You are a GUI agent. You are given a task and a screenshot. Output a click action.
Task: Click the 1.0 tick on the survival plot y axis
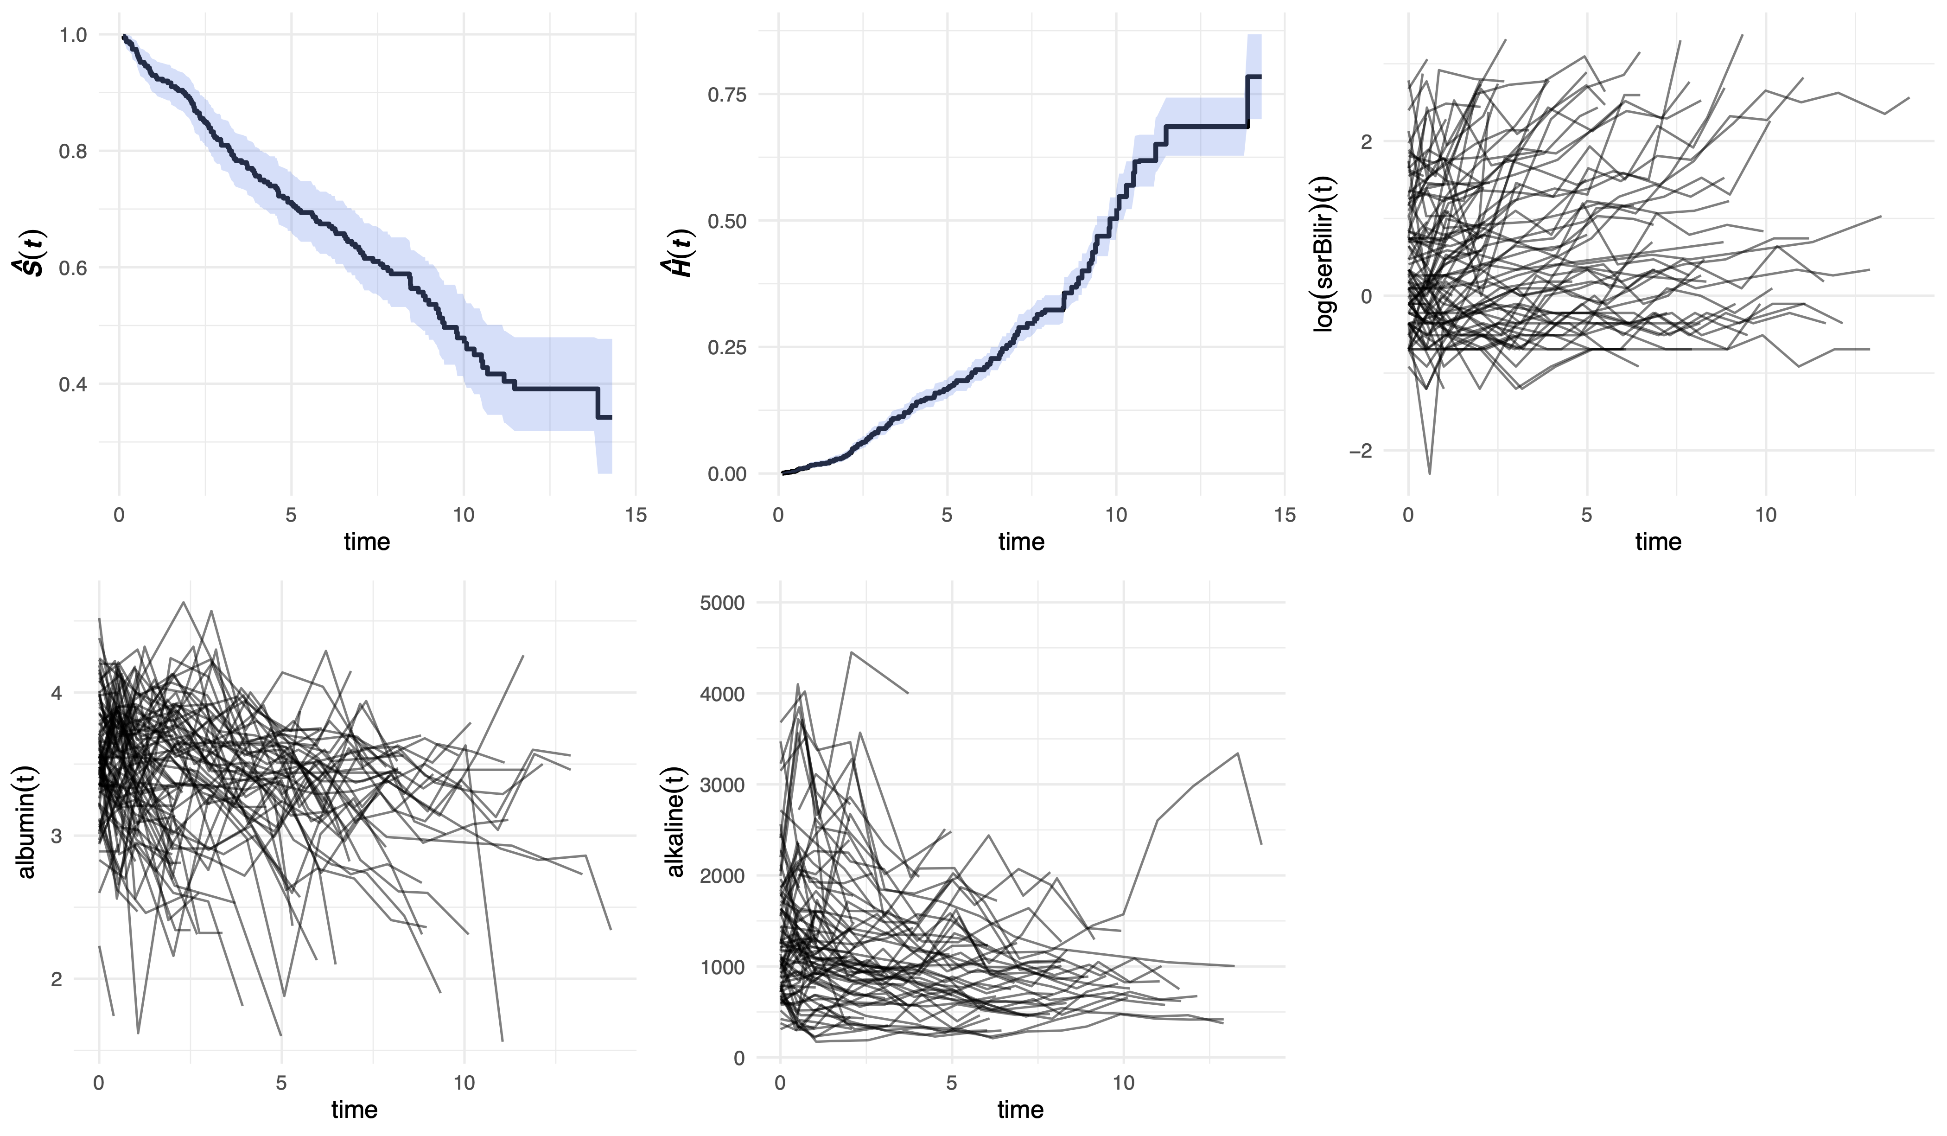(73, 35)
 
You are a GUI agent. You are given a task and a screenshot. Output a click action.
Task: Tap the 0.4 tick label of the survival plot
(73, 384)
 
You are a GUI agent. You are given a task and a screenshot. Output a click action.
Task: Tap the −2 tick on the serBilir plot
(1361, 451)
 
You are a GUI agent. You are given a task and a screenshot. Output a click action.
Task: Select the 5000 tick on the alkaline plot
(722, 603)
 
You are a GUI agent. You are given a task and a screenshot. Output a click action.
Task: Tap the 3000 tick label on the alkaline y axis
(722, 785)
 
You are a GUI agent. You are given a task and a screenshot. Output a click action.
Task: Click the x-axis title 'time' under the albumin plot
(355, 1110)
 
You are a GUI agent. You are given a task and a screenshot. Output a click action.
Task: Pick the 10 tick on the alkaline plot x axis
(1123, 1083)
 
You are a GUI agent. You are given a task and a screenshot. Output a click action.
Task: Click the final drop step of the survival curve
(597, 402)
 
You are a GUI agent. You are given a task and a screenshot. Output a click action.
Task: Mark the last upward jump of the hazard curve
(1247, 101)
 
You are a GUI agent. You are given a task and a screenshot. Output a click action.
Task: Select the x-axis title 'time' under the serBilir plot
(1658, 542)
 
